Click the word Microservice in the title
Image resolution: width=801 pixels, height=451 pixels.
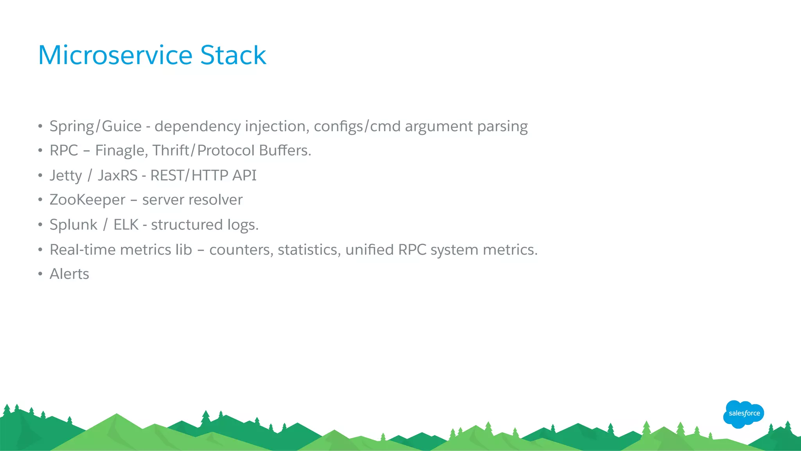pyautogui.click(x=115, y=55)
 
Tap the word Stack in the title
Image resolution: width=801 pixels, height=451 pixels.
pyautogui.click(x=233, y=55)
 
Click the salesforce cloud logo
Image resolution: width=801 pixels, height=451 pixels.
pyautogui.click(x=744, y=414)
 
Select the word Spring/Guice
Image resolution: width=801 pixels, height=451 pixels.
pyautogui.click(x=95, y=126)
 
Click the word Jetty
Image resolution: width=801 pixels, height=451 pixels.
pyautogui.click(x=66, y=176)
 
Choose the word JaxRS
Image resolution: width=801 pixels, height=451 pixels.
pyautogui.click(x=118, y=176)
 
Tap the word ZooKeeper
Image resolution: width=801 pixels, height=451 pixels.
pyautogui.click(x=88, y=200)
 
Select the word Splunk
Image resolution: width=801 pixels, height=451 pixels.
pyautogui.click(x=74, y=225)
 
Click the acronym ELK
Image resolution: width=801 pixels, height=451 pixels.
pyautogui.click(x=126, y=225)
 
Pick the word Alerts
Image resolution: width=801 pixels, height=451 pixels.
pyautogui.click(x=69, y=274)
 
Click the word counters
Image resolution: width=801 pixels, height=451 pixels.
pyautogui.click(x=241, y=250)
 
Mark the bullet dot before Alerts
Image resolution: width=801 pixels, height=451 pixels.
pyautogui.click(x=40, y=274)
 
